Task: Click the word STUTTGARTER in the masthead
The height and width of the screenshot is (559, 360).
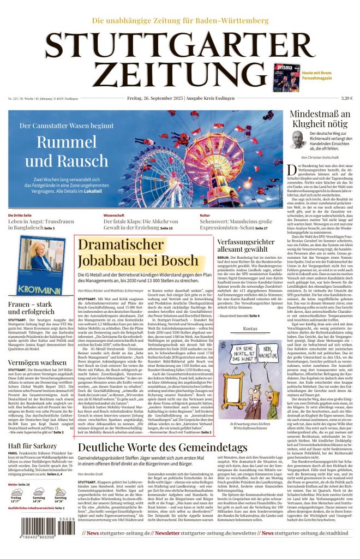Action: tap(180, 45)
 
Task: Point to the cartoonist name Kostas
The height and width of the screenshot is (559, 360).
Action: tap(250, 329)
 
